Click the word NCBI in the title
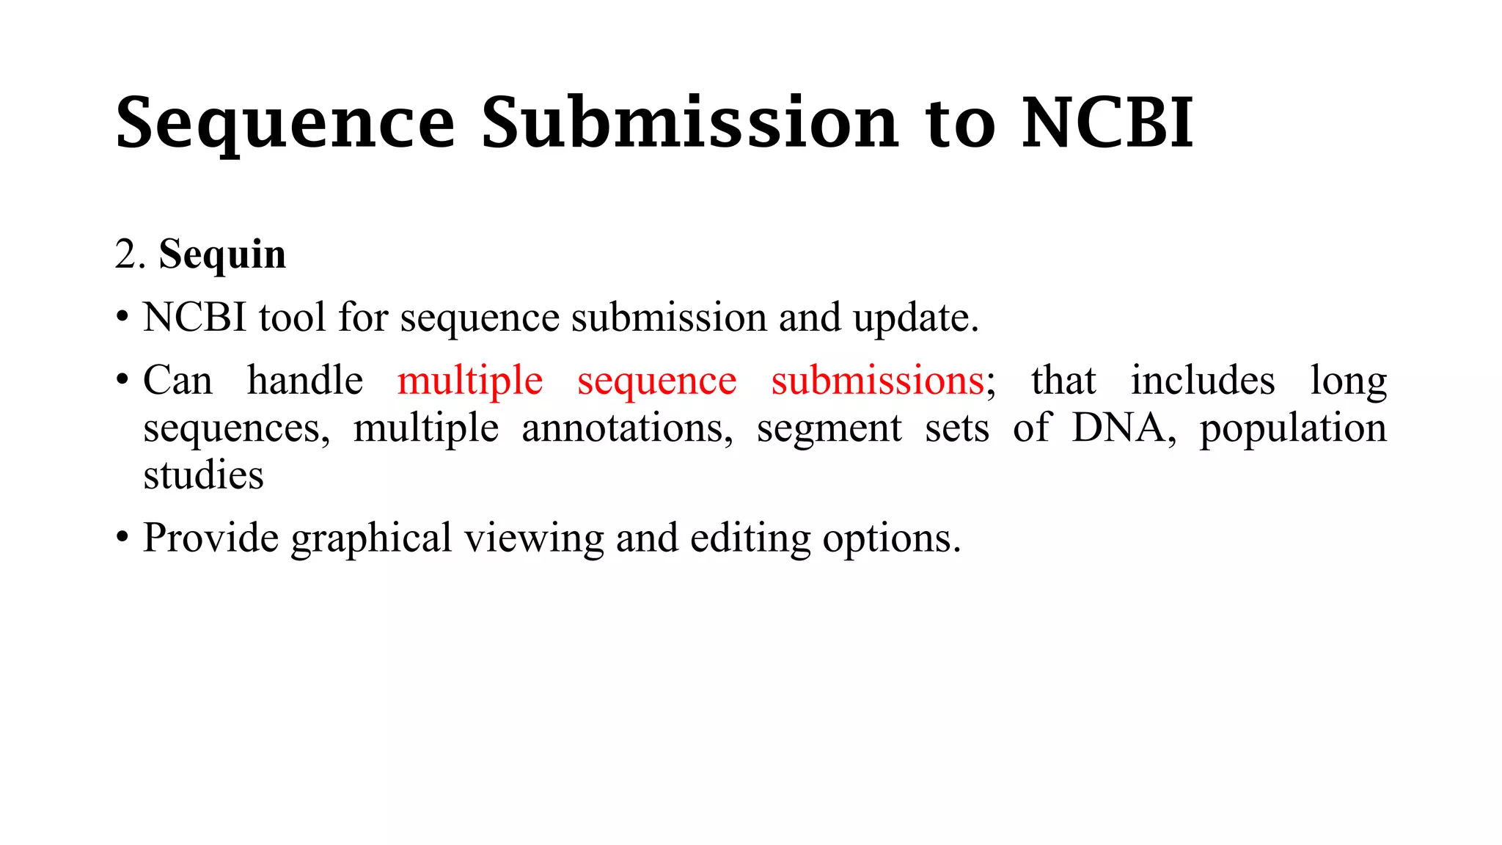[x=1107, y=122]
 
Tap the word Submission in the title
[x=690, y=122]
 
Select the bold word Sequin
[x=222, y=255]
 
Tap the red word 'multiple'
[x=470, y=382]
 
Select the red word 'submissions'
[x=878, y=381]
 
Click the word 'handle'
[x=305, y=381]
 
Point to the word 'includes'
[x=1202, y=381]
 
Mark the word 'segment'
[x=829, y=429]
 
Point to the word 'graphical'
[x=371, y=539]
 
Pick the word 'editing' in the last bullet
[x=750, y=539]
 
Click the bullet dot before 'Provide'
[x=122, y=539]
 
